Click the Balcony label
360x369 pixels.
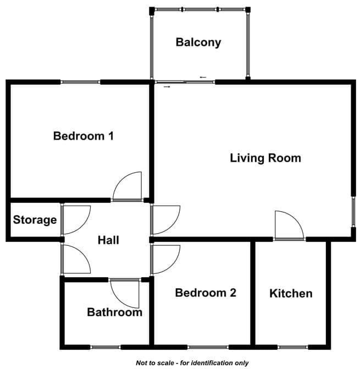(x=198, y=42)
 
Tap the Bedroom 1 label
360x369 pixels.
(x=84, y=136)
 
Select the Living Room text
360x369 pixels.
(x=265, y=158)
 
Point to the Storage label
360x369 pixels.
(x=35, y=220)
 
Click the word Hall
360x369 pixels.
(x=108, y=240)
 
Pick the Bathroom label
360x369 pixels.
(x=115, y=312)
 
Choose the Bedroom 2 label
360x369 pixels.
(x=206, y=293)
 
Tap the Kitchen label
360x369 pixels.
(x=291, y=294)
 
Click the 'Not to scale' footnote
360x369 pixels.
(x=192, y=362)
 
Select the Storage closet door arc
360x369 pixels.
(x=82, y=226)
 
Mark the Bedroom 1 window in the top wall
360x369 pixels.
(x=80, y=82)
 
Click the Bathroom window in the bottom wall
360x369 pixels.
(x=106, y=347)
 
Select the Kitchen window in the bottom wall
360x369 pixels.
(x=293, y=347)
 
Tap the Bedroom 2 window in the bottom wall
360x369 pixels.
(x=208, y=347)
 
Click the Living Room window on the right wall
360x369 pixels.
(x=353, y=212)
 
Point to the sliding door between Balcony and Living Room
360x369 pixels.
(x=185, y=82)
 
